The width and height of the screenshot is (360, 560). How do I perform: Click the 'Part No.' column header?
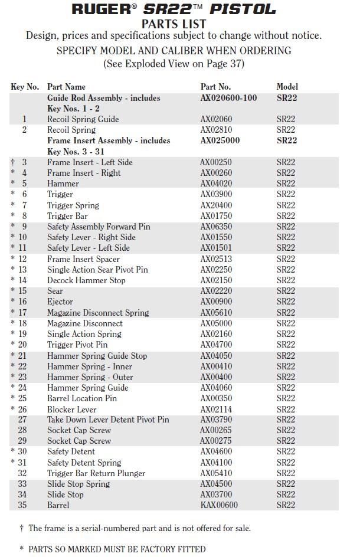tap(215, 87)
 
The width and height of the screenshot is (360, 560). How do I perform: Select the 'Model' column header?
tap(287, 87)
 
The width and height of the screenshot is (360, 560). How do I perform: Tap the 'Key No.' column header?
tap(25, 87)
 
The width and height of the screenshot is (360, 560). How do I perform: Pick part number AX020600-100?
tap(228, 98)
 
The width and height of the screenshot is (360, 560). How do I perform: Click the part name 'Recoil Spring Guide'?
tap(83, 119)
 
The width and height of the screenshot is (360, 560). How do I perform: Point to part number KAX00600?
tap(219, 505)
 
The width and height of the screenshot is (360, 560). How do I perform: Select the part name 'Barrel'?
tap(58, 505)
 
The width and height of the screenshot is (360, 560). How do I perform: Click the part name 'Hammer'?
tap(63, 184)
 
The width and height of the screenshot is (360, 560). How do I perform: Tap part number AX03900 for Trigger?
tap(217, 194)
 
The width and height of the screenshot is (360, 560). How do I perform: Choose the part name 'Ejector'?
tap(60, 302)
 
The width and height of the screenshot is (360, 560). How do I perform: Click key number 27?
tap(22, 420)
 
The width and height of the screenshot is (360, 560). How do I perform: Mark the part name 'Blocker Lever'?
tap(71, 409)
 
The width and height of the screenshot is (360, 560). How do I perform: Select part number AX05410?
tap(217, 473)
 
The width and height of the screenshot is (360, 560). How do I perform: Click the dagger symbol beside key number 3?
tap(13, 162)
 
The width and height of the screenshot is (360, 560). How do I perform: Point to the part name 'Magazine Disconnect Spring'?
tap(98, 313)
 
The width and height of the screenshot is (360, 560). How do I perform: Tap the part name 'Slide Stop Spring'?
tap(78, 484)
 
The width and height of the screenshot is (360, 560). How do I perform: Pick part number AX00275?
tap(217, 441)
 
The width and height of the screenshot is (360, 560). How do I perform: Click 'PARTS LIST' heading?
tap(174, 24)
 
